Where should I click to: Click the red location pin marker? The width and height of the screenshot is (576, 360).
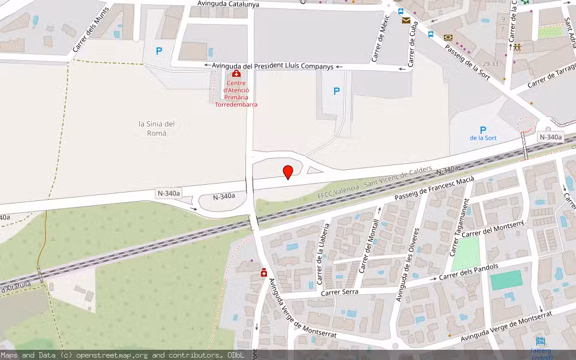coord(288,172)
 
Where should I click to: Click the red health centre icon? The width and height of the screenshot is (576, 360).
coord(236,74)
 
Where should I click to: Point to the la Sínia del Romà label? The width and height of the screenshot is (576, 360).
coord(157,128)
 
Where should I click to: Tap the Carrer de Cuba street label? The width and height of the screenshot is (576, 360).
coord(413,43)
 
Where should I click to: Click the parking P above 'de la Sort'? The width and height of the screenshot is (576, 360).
coord(482,130)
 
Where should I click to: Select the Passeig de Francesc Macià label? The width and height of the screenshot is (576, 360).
coord(434,189)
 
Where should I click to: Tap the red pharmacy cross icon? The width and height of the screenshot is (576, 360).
coord(263,273)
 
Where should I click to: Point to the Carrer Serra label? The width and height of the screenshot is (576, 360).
coord(340,292)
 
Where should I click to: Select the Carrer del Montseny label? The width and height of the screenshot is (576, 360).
coord(493,229)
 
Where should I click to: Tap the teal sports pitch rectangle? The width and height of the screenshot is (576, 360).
coord(506,280)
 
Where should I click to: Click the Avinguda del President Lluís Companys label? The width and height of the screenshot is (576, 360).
coord(272,66)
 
